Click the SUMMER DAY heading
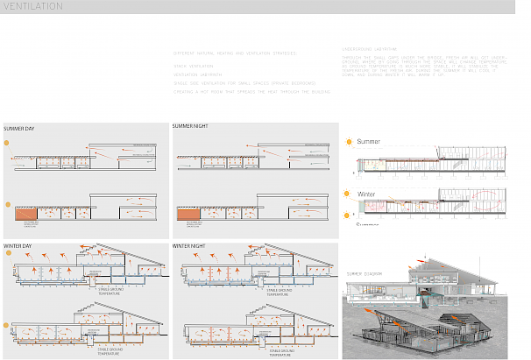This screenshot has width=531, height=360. tap(20, 128)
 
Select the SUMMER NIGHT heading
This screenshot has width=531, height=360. tap(192, 127)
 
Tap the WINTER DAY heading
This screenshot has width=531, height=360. tap(18, 246)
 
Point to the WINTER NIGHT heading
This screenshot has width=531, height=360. tap(190, 246)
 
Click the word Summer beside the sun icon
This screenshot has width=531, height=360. tap(369, 141)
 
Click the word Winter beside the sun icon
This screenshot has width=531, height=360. tap(368, 194)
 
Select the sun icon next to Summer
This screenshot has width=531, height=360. tap(349, 141)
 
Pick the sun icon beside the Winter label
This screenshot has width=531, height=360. tap(349, 194)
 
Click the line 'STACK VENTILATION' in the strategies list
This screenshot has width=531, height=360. tap(195, 66)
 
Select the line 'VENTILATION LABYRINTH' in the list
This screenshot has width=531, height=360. tap(198, 74)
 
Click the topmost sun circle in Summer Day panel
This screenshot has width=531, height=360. tap(7, 141)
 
